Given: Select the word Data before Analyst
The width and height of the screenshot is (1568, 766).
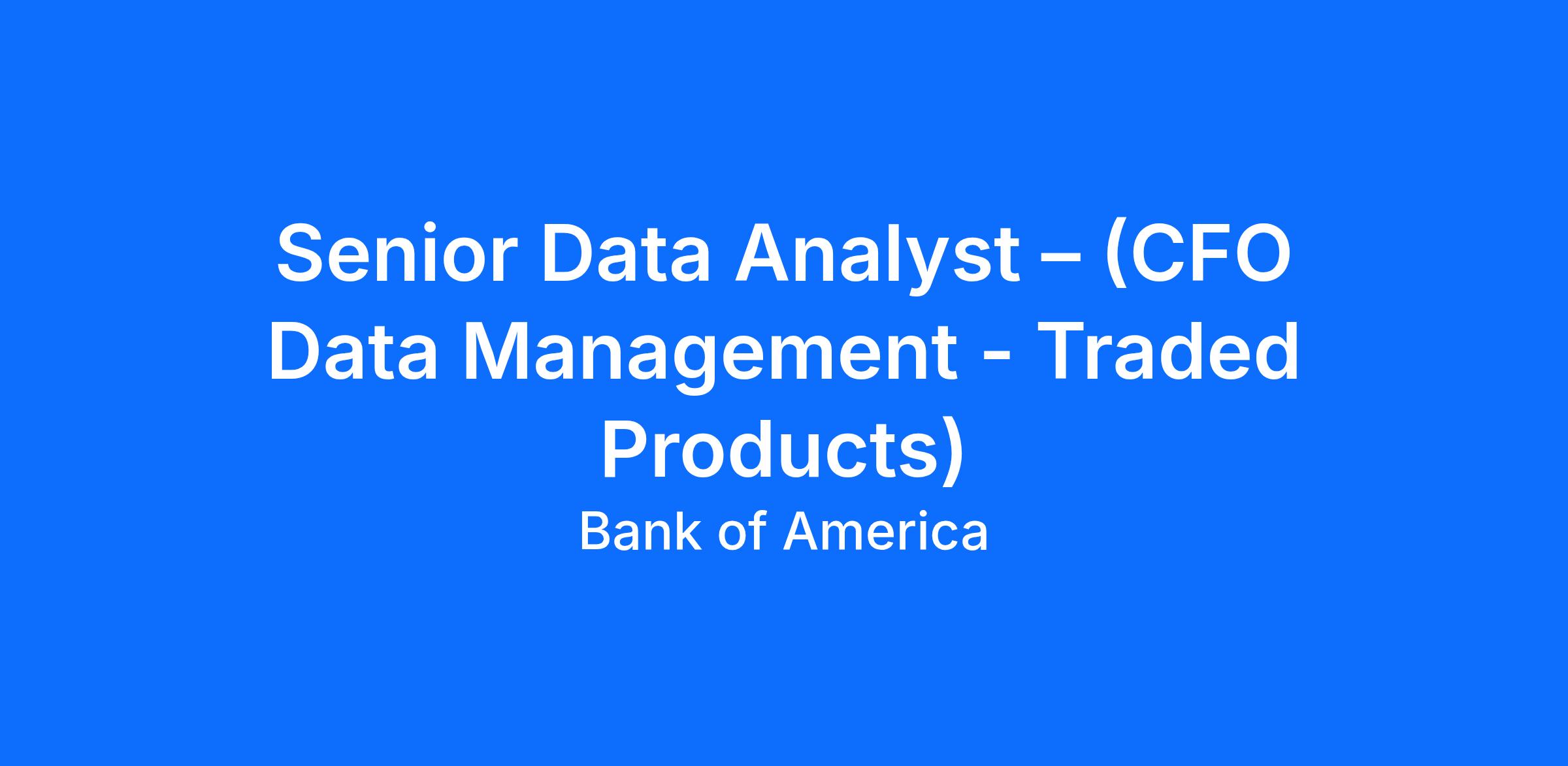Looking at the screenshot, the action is [x=626, y=253].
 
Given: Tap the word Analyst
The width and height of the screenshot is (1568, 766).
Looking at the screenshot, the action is [x=877, y=259].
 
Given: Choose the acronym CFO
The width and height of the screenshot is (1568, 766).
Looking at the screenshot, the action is [x=1211, y=253].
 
